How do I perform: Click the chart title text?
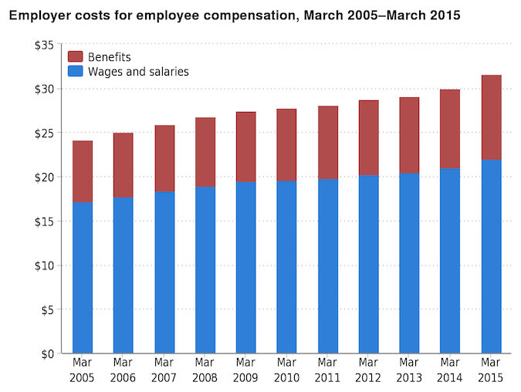click(x=235, y=15)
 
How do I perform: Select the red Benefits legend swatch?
click(x=76, y=57)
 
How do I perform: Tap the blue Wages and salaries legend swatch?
click(x=76, y=72)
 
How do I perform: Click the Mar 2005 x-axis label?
click(x=83, y=370)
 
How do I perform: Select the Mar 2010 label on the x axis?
click(x=286, y=370)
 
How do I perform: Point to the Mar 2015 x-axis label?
click(x=491, y=370)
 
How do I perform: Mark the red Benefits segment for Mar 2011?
click(x=327, y=143)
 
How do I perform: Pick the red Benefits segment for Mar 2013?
click(x=409, y=136)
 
